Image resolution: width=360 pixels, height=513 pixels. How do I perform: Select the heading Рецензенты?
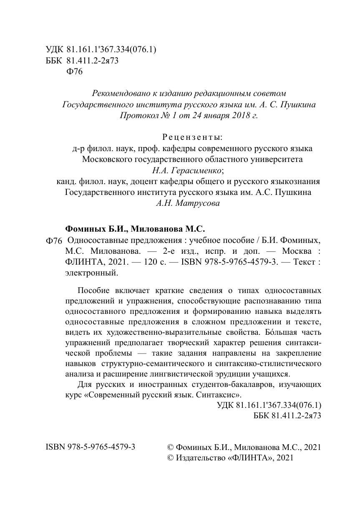191,137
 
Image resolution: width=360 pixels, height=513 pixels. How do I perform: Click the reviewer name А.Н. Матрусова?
188,203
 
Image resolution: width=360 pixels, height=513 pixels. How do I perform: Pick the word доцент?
144,181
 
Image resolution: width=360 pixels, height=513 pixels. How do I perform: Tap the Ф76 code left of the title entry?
53,241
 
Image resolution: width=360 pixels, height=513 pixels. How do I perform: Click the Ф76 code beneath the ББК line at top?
75,72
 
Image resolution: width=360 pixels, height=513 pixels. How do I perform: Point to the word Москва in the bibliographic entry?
297,252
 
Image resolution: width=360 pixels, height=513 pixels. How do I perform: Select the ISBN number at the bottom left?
90,447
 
